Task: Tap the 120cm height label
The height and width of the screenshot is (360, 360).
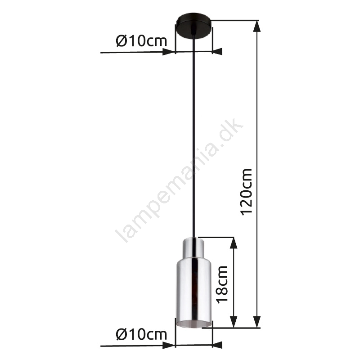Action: click(x=247, y=192)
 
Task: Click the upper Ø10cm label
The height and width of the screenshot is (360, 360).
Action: click(x=141, y=41)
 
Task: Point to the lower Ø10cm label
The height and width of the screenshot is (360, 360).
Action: click(x=141, y=334)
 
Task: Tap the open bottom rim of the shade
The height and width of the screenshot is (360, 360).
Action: click(x=193, y=324)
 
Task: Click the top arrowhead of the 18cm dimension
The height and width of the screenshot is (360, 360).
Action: click(x=234, y=243)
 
